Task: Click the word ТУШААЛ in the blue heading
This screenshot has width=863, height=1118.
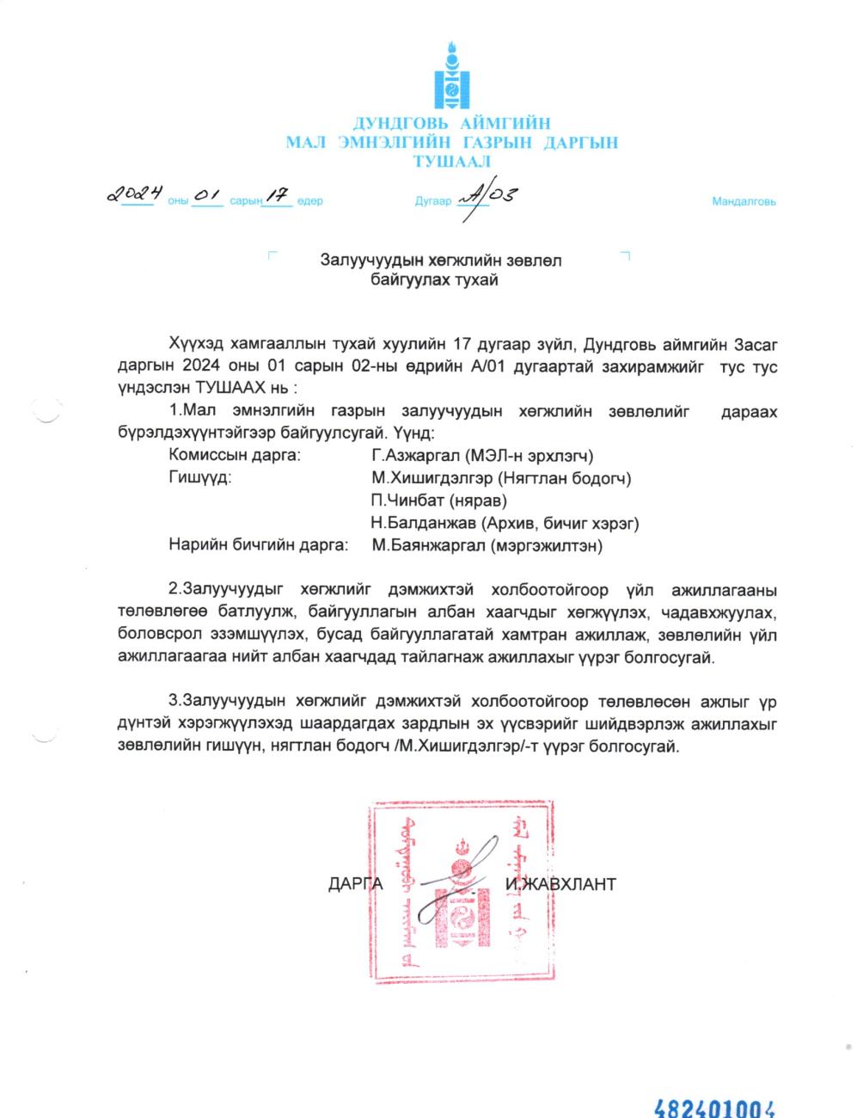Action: coord(451,162)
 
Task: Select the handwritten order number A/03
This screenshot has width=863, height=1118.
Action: coord(487,199)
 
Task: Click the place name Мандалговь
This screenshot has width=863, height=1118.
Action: coord(744,202)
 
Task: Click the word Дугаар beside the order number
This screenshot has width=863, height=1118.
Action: coord(433,202)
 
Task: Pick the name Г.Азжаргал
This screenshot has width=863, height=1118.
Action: coord(407,456)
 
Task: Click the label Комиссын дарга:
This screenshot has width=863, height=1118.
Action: coord(235,456)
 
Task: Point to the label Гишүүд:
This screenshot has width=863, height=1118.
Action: coord(200,478)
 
